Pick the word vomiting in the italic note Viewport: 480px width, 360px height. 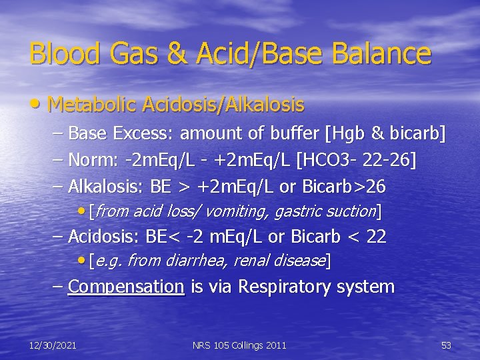point(233,211)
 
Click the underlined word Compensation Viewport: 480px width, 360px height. point(126,287)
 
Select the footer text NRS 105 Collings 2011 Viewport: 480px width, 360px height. point(239,345)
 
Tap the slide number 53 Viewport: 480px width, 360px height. point(446,345)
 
